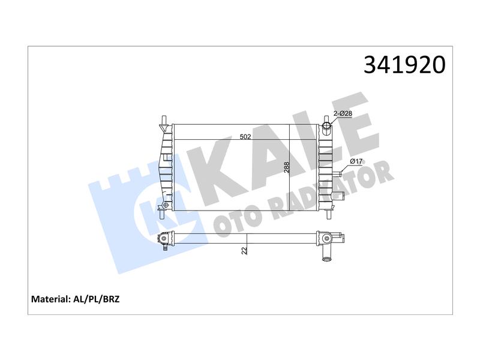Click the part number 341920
404,65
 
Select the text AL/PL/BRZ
97,299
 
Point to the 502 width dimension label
245,137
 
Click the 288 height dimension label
287,167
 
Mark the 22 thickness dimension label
244,250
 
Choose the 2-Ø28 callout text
343,113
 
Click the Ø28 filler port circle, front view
327,126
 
